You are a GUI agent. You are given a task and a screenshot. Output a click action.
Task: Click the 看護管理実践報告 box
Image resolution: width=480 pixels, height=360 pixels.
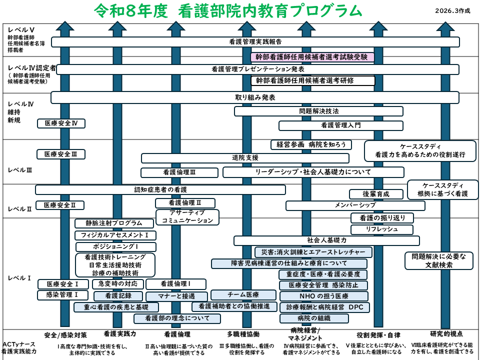(255, 42)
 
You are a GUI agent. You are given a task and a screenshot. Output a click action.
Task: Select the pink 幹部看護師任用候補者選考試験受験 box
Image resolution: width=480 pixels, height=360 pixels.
(312, 57)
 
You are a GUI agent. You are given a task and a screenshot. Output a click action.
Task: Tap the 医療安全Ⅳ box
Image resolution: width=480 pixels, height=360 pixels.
(61, 123)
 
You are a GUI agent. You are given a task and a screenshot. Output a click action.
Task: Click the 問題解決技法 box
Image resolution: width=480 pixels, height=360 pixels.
(318, 111)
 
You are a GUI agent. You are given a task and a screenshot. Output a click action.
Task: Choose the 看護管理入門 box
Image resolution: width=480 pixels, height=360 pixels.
(340, 125)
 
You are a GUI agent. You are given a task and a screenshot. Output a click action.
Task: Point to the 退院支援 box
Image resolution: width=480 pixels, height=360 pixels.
(245, 158)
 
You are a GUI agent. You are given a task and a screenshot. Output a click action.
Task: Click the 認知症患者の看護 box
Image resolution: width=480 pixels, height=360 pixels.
(160, 190)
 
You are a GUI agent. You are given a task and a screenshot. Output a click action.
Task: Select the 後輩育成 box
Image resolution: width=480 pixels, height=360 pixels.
(376, 194)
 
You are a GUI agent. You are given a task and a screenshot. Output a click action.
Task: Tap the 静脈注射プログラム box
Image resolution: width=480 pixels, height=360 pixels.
(114, 223)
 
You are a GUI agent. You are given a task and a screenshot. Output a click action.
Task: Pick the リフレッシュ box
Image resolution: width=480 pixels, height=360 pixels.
(381, 229)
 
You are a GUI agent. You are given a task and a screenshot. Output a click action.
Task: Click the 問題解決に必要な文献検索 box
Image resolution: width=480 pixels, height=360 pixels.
(438, 261)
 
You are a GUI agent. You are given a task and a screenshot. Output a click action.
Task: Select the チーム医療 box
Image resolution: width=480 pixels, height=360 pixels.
(243, 295)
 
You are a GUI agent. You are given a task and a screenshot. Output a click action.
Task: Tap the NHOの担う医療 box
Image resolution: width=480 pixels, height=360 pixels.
(323, 296)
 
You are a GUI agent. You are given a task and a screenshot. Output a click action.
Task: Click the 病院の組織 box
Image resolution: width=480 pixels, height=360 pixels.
(314, 318)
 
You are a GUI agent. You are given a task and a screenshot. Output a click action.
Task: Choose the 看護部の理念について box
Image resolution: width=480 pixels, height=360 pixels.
(177, 318)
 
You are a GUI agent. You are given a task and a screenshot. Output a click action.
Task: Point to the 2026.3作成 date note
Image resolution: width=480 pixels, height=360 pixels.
(453, 10)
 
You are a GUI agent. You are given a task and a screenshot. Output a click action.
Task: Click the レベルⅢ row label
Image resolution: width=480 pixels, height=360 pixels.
(20, 170)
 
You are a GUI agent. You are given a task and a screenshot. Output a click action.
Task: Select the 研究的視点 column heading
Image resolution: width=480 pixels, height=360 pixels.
(446, 334)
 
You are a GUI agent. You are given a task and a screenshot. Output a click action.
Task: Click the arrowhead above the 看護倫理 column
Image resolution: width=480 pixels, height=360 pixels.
(175, 26)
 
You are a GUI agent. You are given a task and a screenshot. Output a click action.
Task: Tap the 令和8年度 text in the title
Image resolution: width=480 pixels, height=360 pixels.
(131, 11)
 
